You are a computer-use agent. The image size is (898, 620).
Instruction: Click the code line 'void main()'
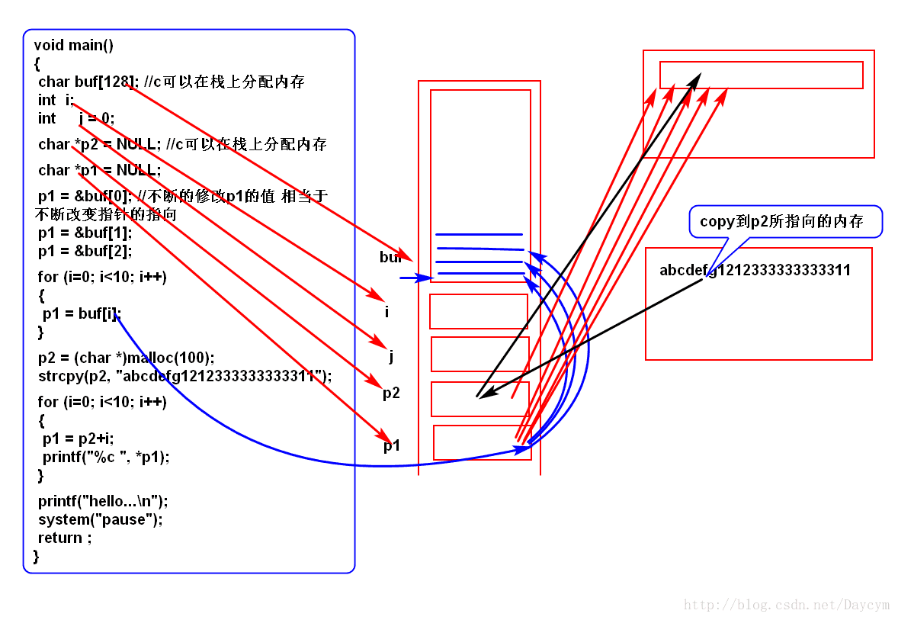click(74, 45)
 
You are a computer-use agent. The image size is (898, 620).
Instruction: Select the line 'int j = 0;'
click(76, 118)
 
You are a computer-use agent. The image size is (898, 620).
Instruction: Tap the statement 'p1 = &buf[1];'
click(85, 233)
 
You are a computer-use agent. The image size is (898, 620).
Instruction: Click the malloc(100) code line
click(127, 357)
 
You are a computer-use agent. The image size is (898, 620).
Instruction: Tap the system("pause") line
click(101, 519)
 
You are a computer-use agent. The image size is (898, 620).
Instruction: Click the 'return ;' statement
click(65, 538)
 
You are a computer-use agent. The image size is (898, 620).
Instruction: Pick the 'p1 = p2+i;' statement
click(79, 438)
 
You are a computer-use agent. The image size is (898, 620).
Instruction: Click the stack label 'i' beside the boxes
click(386, 312)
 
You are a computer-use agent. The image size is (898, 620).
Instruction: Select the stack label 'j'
click(391, 356)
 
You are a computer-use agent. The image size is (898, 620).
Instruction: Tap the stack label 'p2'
click(391, 394)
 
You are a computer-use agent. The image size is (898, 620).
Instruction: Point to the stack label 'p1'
click(391, 446)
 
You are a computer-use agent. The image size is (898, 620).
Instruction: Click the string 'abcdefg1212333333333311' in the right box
click(755, 270)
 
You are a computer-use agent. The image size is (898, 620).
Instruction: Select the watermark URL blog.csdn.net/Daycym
click(787, 605)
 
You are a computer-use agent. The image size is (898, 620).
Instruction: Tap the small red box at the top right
click(761, 75)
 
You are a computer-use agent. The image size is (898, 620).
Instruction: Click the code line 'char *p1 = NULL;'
click(99, 169)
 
